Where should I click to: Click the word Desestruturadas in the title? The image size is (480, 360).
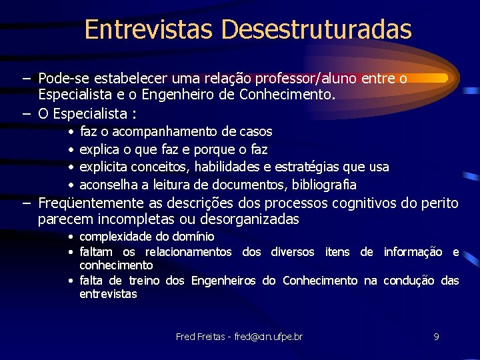point(317,29)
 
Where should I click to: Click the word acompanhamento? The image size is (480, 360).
point(169,132)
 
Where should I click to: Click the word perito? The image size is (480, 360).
point(440,203)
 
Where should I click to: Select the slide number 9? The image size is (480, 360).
point(436,337)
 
